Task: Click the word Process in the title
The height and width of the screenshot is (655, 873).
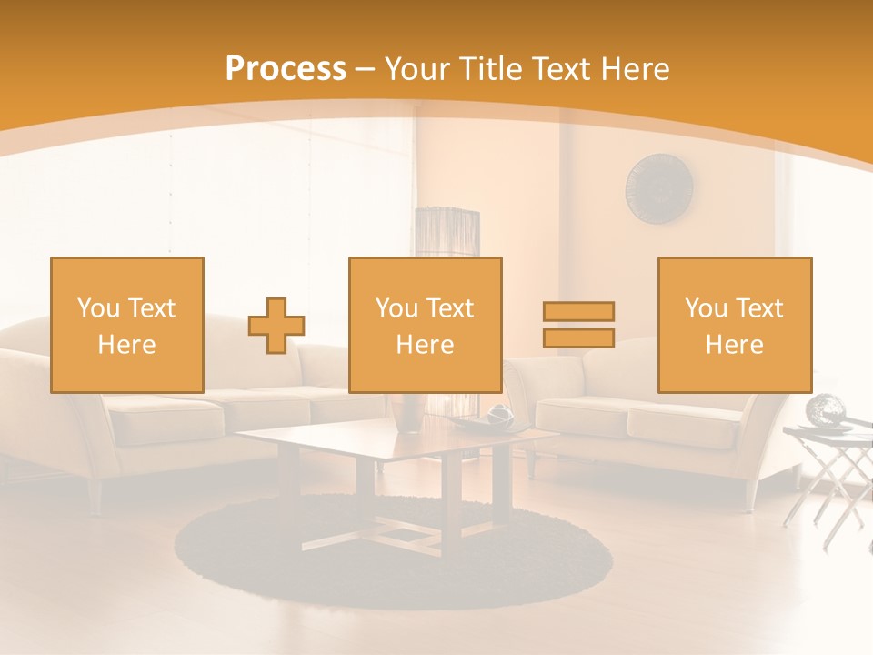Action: (x=286, y=69)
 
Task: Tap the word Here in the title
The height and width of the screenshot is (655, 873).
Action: (x=633, y=69)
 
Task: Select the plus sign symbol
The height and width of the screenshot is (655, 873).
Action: (x=276, y=326)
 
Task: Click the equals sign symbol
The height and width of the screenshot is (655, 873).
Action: (x=578, y=325)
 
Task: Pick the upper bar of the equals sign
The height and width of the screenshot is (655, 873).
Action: (x=578, y=312)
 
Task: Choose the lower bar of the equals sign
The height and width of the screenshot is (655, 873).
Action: (x=578, y=338)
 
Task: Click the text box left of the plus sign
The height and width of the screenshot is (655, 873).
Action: (x=127, y=326)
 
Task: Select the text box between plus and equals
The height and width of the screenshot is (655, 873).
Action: (x=426, y=326)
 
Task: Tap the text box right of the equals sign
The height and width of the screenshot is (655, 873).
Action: (x=735, y=326)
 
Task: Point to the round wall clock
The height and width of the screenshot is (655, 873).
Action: (x=659, y=187)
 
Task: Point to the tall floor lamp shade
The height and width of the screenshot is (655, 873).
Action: (x=447, y=233)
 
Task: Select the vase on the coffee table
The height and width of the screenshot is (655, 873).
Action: (x=410, y=412)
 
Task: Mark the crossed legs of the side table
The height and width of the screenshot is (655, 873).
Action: (x=832, y=491)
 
